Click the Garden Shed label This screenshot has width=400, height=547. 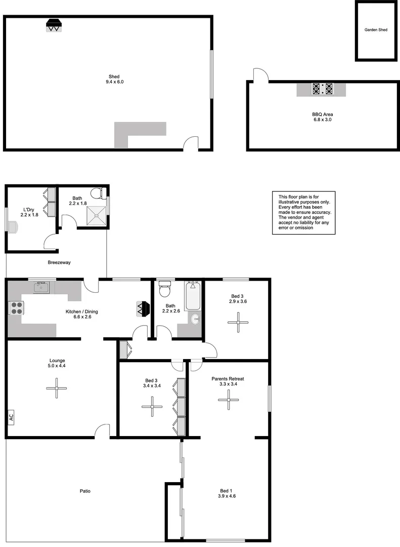tap(376, 30)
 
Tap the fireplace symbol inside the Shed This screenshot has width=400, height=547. tap(54, 25)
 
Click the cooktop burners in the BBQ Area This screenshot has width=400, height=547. tap(323, 89)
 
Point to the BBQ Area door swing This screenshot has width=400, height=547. tap(261, 74)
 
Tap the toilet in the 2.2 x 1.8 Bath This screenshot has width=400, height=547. tap(99, 193)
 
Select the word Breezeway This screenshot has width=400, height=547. tap(59, 262)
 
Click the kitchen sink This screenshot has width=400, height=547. tap(41, 288)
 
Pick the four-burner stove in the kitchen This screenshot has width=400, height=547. tap(16, 308)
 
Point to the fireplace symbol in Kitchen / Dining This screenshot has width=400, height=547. tap(143, 308)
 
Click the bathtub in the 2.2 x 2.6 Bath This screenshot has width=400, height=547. tap(193, 296)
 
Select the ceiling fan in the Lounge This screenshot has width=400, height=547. tap(56, 388)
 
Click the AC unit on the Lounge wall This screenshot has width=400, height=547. tap(11, 417)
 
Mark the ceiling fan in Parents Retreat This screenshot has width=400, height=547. tap(228, 400)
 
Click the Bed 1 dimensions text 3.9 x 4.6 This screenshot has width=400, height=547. tap(228, 496)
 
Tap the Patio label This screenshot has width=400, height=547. tap(85, 491)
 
